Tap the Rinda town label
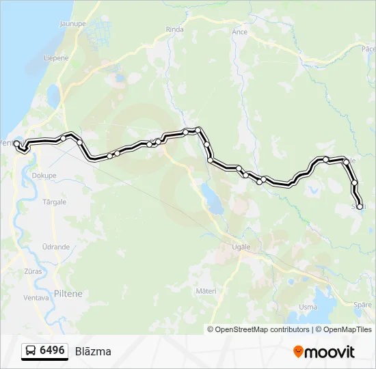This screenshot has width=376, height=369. (176, 29)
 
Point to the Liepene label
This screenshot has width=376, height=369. (57, 58)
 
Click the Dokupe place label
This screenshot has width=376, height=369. (44, 175)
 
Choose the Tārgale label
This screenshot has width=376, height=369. (55, 202)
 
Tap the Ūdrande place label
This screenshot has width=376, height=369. (55, 247)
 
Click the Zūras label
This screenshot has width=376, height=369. (33, 271)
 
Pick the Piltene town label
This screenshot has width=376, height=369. (68, 294)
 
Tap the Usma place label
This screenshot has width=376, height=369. (308, 307)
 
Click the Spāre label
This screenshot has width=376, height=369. (364, 304)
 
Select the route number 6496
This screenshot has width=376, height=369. (53, 351)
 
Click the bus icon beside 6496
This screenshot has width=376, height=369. (31, 351)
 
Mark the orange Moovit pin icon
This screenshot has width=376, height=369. (299, 351)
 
